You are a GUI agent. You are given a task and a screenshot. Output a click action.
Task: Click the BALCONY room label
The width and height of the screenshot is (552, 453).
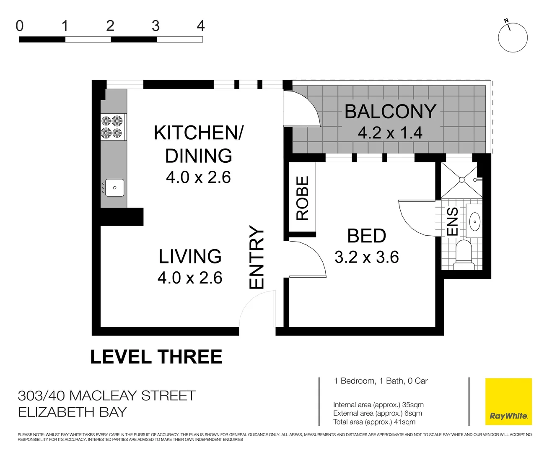[x=390, y=112]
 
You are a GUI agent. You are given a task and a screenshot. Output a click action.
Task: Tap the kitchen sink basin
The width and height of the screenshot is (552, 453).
[x=114, y=187]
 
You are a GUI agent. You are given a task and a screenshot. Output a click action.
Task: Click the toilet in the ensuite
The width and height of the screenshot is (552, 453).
[x=463, y=254]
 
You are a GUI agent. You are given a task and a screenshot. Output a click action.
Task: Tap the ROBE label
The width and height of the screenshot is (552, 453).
[x=302, y=198]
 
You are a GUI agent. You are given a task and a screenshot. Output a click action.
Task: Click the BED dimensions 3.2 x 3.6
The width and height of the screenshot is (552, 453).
[x=366, y=257]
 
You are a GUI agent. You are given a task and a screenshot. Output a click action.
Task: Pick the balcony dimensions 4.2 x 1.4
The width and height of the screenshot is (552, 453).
[x=390, y=133]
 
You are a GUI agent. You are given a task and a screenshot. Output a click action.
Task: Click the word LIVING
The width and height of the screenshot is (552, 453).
[x=190, y=256]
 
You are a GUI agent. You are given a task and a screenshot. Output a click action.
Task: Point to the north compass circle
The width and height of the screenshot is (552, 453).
[x=513, y=38]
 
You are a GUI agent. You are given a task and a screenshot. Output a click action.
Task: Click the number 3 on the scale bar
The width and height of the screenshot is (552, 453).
[x=155, y=26]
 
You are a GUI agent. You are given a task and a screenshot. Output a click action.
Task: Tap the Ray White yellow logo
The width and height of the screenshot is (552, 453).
[x=508, y=401]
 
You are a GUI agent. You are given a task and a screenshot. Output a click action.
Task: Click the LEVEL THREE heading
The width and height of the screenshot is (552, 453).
[x=156, y=357]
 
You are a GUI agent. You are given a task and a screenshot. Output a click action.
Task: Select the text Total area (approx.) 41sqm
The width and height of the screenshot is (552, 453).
[x=374, y=422]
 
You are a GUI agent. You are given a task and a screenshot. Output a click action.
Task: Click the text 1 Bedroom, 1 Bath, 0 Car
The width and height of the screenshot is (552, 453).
[x=381, y=381]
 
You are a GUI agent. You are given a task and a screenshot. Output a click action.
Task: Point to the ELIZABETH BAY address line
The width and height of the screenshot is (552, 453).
[x=72, y=412]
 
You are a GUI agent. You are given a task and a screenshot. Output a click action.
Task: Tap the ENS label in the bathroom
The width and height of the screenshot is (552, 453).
[x=452, y=221]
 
